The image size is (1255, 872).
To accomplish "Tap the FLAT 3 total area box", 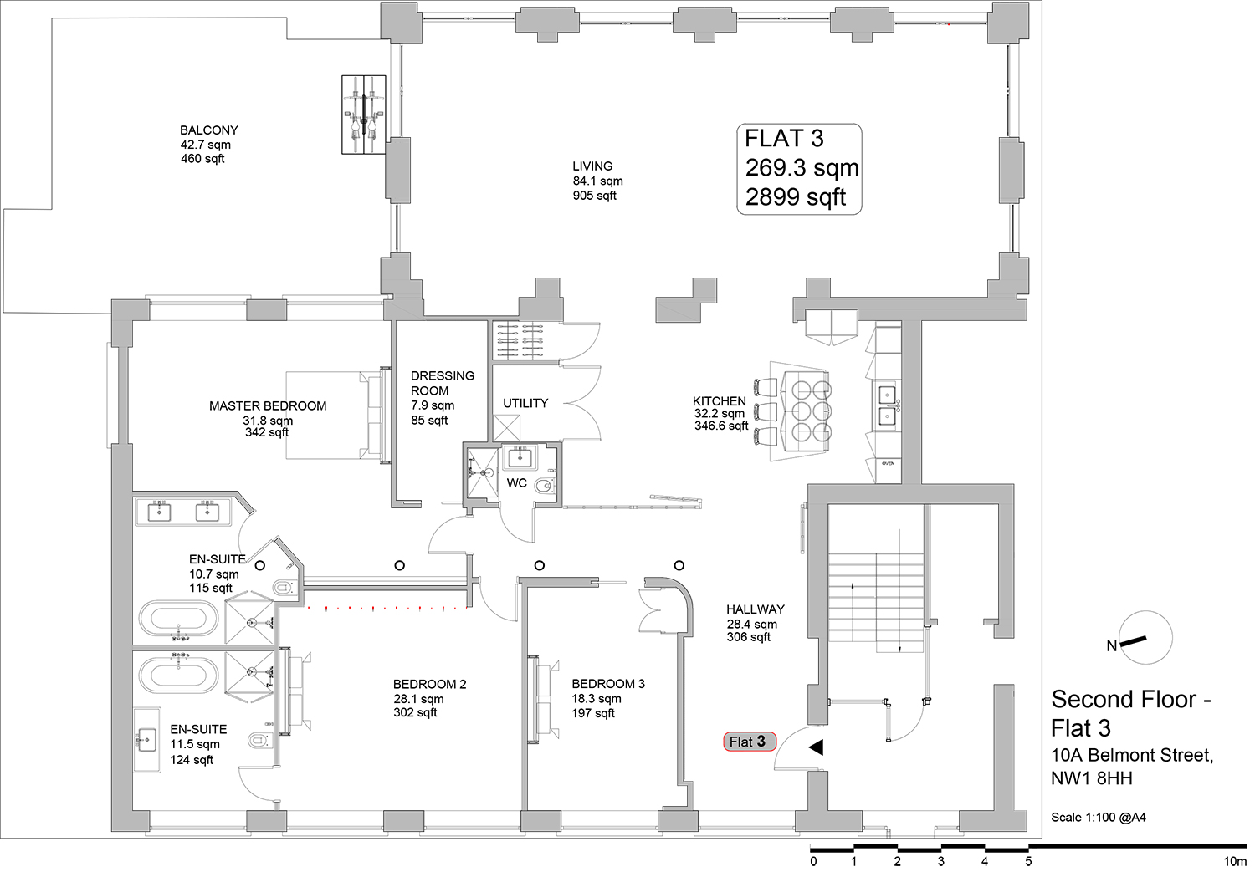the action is tap(799, 169).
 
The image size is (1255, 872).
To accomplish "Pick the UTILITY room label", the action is tap(525, 403).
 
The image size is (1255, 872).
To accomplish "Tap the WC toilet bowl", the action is tap(545, 486).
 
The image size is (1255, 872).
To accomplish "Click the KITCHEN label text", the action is tap(720, 400).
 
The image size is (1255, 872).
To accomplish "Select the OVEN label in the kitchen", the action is tap(888, 463).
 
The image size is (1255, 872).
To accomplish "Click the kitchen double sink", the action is tap(887, 405).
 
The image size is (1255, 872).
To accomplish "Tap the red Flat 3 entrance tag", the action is tap(750, 742).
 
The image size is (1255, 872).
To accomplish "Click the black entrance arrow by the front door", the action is tap(816, 747).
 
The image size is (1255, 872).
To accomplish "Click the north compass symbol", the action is tap(1145, 638).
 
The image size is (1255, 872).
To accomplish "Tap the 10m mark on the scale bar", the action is tap(1234, 862).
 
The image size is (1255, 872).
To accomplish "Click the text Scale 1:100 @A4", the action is tap(1098, 817).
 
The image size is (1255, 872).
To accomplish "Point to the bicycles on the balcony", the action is tap(364, 115).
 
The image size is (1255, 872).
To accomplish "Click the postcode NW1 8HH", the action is tap(1091, 778).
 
